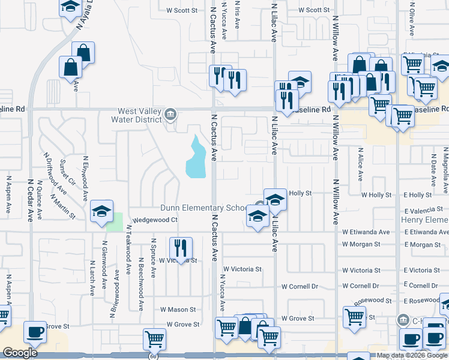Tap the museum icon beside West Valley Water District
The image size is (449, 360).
[x=170, y=114]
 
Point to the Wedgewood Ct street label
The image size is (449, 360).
[x=155, y=220]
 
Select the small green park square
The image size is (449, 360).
[x=115, y=221]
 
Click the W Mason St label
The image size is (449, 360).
[x=178, y=310]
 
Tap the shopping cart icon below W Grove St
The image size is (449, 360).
[x=154, y=340]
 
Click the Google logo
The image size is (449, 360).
[x=20, y=353]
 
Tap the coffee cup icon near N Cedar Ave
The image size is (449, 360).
[x=35, y=332]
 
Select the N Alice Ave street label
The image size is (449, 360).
[x=360, y=164]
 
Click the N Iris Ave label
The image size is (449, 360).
[x=237, y=15]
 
